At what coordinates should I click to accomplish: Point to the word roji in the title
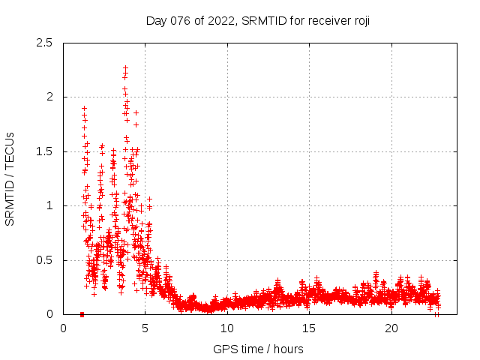click(x=359, y=21)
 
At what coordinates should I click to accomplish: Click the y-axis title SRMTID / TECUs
click(x=10, y=178)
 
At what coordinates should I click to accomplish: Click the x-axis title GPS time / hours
click(x=258, y=349)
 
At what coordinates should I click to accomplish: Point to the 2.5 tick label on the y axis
click(x=43, y=43)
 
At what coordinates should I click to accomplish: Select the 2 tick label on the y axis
click(x=49, y=97)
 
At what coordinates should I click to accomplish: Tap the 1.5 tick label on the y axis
click(x=43, y=151)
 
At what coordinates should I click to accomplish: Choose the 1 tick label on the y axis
click(x=49, y=205)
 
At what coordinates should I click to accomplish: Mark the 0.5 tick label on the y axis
click(x=43, y=260)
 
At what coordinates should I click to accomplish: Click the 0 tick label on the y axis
click(x=49, y=314)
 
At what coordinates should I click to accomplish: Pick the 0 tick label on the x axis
click(x=63, y=328)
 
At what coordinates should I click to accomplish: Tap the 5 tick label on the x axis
click(x=145, y=328)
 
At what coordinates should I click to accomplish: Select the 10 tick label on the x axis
click(x=227, y=328)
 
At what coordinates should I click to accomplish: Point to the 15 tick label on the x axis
click(x=310, y=328)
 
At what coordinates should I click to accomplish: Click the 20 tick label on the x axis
click(x=391, y=328)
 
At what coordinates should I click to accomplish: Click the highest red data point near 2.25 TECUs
click(x=125, y=68)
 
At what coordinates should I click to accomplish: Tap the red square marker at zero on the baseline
click(x=82, y=314)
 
